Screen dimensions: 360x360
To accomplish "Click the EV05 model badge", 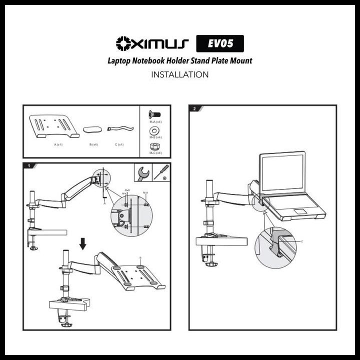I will point(220,44).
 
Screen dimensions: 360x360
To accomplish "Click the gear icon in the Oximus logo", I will point(123,44).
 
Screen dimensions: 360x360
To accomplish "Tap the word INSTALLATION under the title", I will point(179,75).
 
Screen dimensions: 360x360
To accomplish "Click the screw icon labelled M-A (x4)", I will point(155,114).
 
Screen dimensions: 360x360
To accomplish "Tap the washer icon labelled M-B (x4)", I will point(155,130).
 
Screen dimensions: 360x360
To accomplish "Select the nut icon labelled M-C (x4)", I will point(155,146).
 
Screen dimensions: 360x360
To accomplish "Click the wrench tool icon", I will point(142,173).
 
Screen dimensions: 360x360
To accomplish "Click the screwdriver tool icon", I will point(161,172).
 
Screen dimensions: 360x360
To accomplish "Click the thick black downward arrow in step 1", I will point(83,243).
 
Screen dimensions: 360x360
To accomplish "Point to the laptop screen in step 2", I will point(282,172).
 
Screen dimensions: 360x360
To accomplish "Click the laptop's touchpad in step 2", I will point(300,210).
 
